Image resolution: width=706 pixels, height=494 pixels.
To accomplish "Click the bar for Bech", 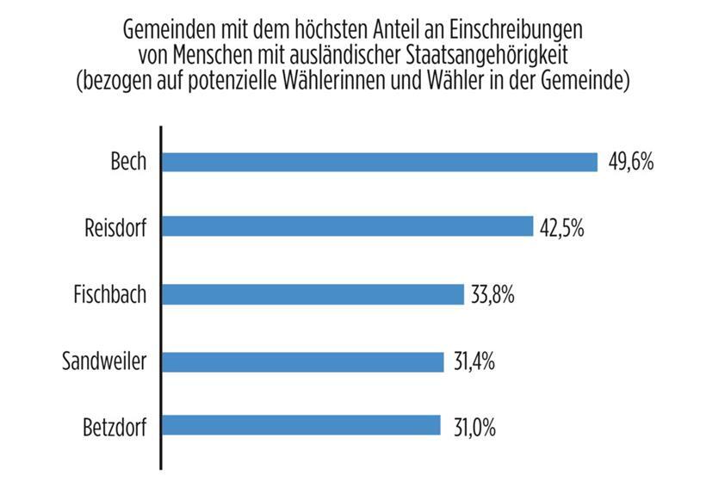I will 379,162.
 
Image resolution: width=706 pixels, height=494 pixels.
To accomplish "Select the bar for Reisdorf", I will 348,226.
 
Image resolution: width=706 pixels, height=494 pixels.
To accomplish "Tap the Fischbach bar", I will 313,294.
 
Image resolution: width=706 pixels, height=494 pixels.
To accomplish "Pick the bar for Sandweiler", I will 302,361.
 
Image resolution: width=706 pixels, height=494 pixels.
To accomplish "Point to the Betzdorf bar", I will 300,426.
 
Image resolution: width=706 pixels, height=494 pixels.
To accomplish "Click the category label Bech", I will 128,162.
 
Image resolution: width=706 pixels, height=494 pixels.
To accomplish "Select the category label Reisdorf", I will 115,228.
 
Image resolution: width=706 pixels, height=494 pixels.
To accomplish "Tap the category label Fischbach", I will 108,294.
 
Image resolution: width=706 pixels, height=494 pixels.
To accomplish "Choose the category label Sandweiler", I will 104,361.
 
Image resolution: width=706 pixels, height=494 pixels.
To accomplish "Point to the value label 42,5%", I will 563,228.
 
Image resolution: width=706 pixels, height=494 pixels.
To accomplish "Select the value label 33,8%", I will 492,295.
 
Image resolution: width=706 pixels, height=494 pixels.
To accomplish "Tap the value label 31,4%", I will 472,361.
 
